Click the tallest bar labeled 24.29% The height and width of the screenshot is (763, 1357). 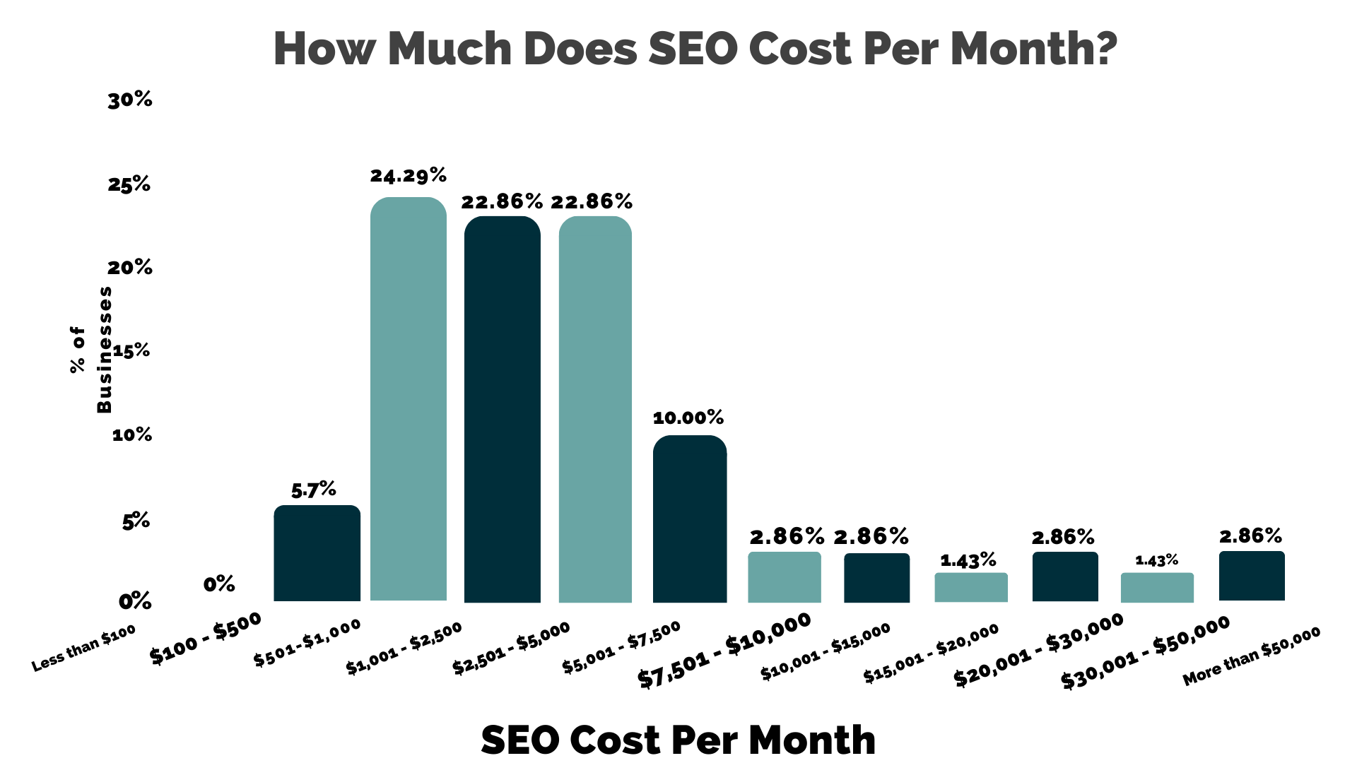[x=409, y=399]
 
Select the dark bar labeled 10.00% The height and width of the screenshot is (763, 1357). [x=689, y=519]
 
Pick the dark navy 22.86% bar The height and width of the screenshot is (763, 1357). [x=502, y=410]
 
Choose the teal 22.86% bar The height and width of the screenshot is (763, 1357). [x=595, y=410]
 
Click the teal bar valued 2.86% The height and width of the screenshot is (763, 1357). [x=785, y=577]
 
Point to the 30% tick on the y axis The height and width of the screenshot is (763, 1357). [x=130, y=100]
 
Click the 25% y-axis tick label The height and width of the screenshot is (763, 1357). [x=129, y=185]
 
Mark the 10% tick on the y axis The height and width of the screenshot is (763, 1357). [x=132, y=434]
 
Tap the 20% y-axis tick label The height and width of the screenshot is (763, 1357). [x=130, y=268]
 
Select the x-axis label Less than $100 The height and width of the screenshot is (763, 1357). [x=83, y=649]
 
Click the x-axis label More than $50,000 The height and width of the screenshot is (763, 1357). [x=1251, y=656]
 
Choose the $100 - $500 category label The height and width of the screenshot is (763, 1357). [x=206, y=638]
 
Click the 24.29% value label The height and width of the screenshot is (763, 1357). [x=409, y=175]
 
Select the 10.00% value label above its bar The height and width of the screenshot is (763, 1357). [x=688, y=418]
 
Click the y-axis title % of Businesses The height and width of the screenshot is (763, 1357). [x=91, y=350]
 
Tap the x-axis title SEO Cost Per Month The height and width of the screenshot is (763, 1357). [x=678, y=740]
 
